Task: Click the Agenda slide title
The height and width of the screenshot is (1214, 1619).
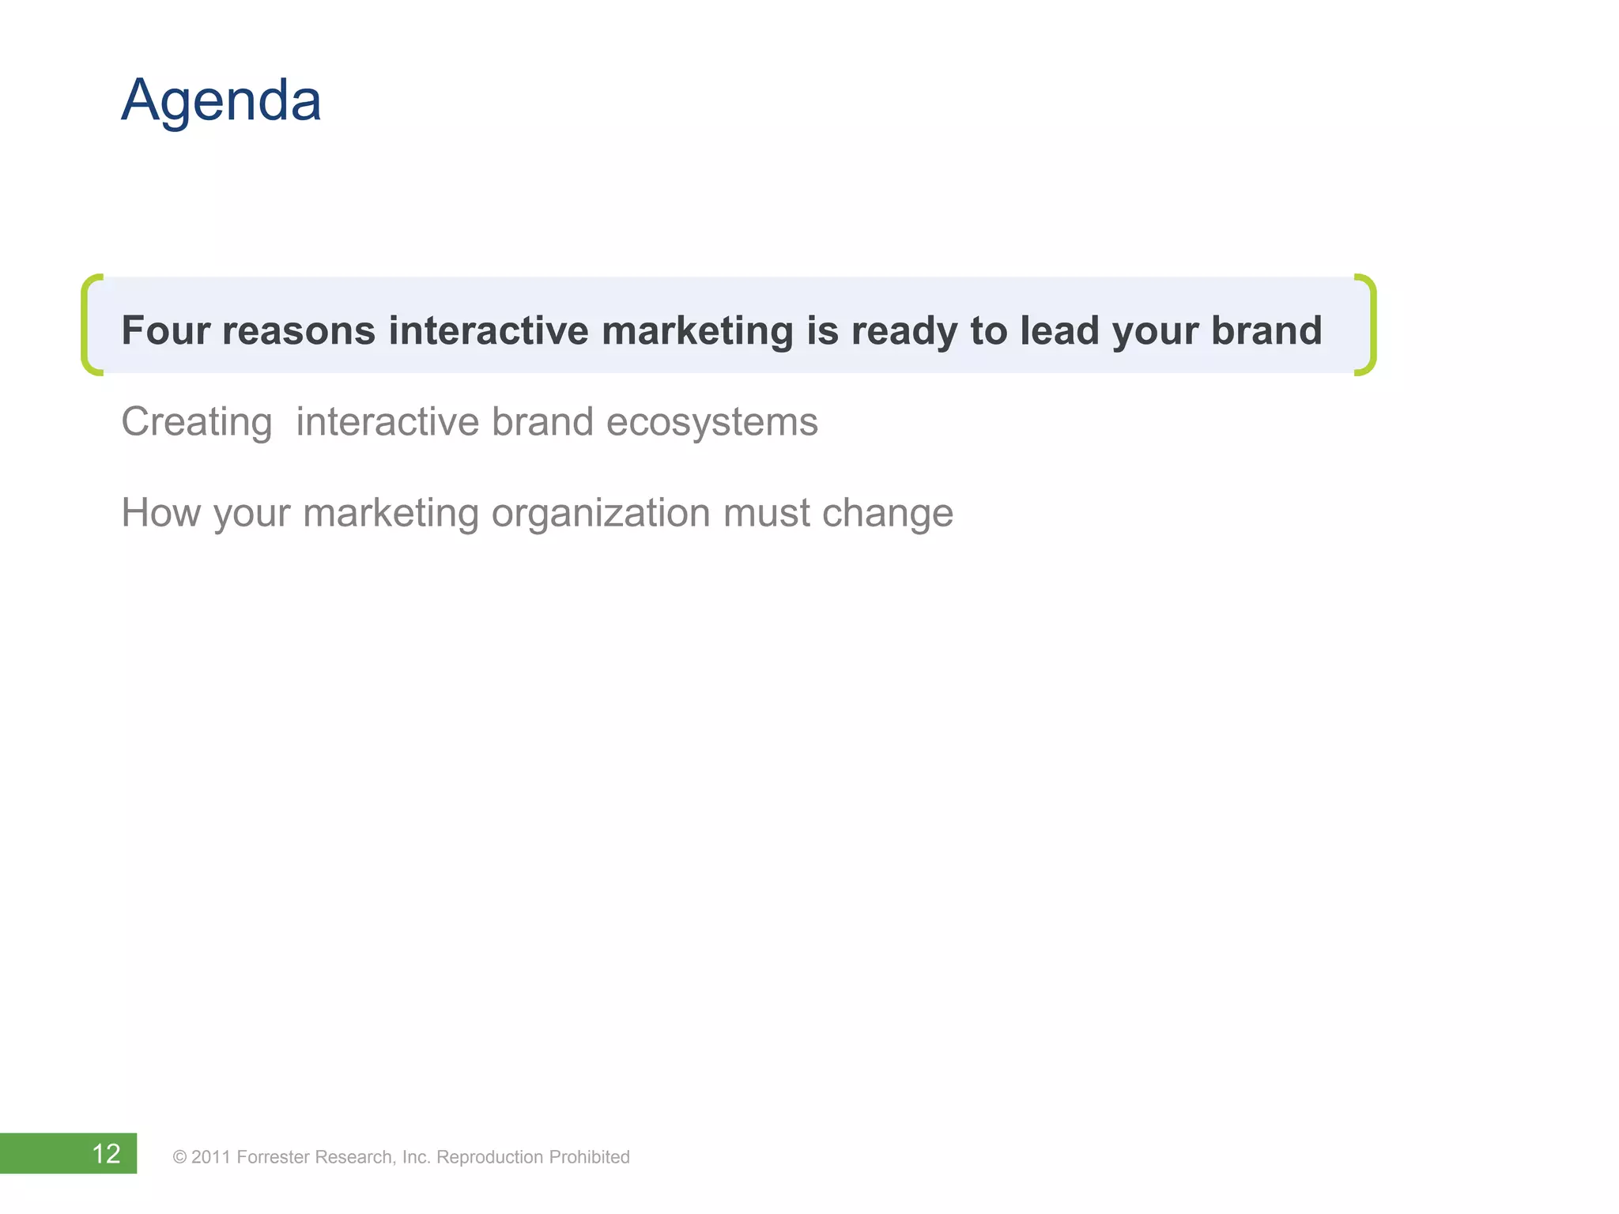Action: point(221,101)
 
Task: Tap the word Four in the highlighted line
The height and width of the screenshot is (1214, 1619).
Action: point(164,330)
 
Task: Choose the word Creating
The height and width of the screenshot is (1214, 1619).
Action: point(196,422)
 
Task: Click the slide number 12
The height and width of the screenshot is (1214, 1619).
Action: point(106,1154)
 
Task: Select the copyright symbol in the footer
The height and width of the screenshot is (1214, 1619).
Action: point(179,1158)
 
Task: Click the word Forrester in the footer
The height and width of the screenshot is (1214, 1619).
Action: point(273,1157)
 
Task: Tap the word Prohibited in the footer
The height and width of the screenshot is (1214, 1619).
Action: point(589,1157)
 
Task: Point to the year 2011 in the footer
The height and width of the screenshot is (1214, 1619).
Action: point(210,1157)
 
